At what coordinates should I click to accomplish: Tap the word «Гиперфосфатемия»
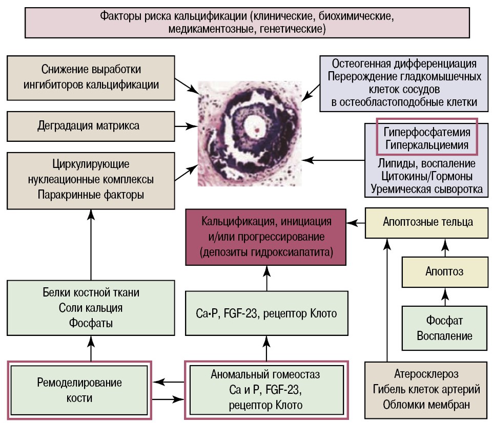[x=427, y=132]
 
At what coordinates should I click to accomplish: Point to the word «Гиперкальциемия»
[x=427, y=145]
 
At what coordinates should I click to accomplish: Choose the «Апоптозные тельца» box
[x=427, y=222]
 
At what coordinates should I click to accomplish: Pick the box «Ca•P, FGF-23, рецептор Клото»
[x=266, y=313]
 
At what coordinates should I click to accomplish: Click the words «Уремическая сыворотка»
[x=427, y=189]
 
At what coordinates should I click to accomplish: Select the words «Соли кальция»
[x=91, y=308]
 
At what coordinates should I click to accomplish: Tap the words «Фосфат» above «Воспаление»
[x=444, y=321]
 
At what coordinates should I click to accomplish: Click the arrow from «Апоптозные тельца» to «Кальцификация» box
[x=356, y=223]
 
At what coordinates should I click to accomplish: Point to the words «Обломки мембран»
[x=427, y=404]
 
